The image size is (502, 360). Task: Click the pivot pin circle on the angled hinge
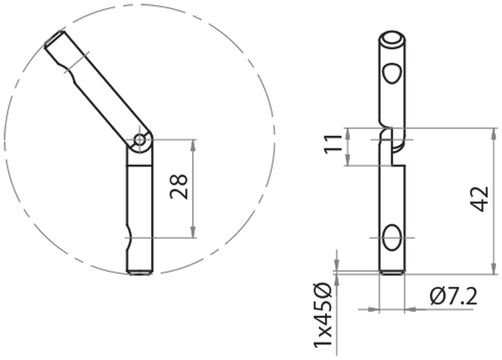141,139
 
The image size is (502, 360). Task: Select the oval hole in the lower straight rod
392,238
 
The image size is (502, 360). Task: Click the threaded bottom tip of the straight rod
393,272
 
